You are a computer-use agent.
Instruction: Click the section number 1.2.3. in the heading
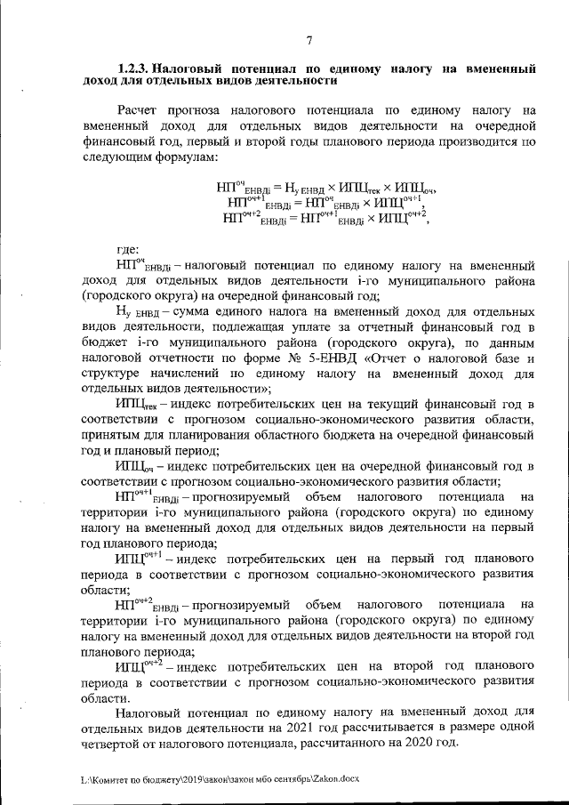[x=138, y=68]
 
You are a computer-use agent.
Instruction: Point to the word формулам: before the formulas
[x=183, y=155]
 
